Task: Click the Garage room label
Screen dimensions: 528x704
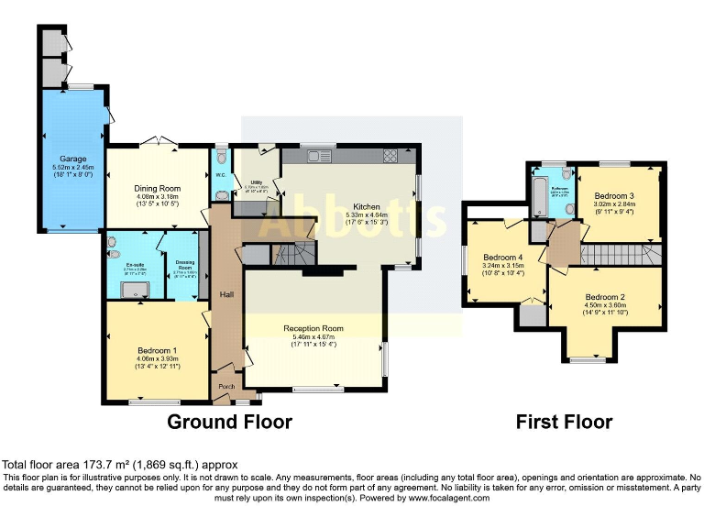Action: [73, 159]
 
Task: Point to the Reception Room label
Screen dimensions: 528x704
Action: [313, 328]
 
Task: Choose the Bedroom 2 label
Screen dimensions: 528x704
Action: [605, 297]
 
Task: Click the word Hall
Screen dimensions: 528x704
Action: [227, 294]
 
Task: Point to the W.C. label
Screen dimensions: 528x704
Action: [221, 175]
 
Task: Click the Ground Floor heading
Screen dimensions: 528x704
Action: [229, 423]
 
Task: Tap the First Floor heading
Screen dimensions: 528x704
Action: [564, 423]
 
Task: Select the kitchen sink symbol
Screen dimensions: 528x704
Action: [319, 156]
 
